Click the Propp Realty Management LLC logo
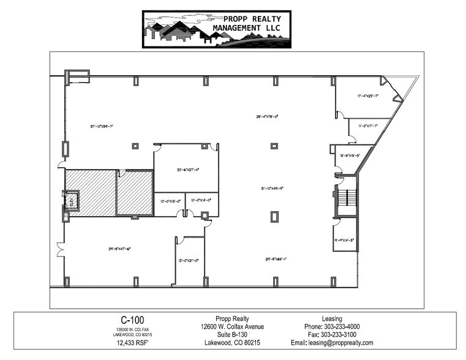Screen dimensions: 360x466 coord(216,29)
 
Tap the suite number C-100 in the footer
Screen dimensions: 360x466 coord(129,320)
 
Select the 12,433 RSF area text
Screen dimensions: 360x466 coord(129,343)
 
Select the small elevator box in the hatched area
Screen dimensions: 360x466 coord(70,201)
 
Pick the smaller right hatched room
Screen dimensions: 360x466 coord(135,193)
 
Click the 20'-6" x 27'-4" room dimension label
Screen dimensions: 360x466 coord(188,170)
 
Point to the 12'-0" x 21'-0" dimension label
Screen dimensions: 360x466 coord(190,260)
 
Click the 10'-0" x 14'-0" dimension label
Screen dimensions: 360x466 coord(201,200)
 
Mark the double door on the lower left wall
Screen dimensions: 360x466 coord(59,250)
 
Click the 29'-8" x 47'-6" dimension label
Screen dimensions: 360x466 coord(120,248)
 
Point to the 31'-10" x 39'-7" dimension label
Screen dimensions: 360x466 coord(102,126)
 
